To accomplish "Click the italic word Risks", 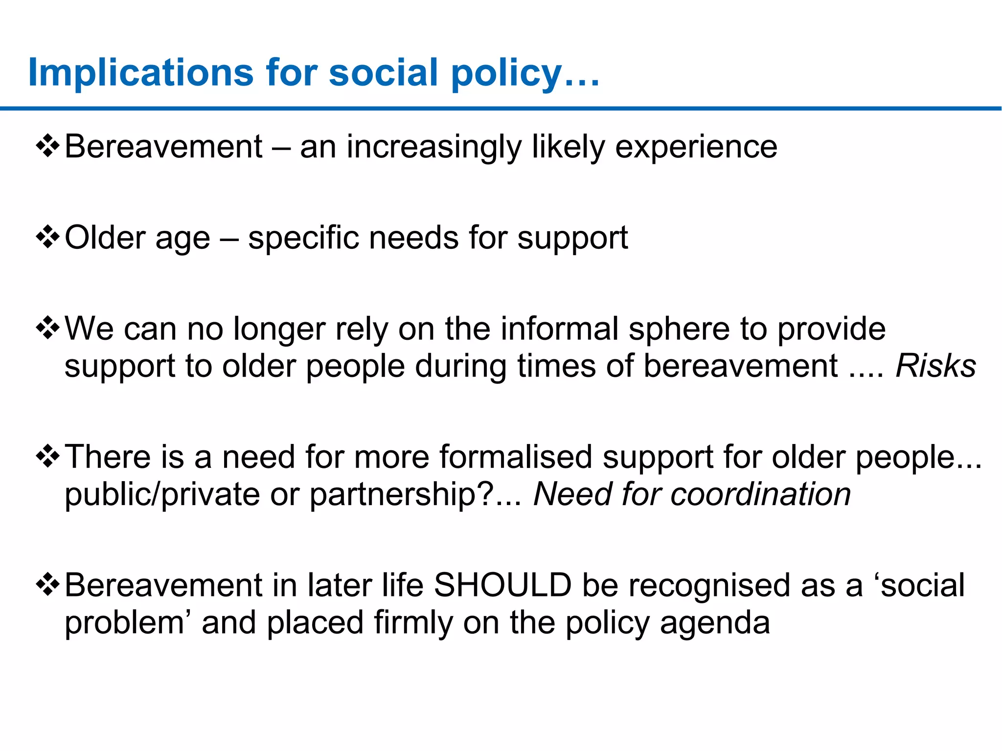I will (935, 366).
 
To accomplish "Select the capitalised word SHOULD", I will (503, 585).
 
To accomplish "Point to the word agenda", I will (715, 623).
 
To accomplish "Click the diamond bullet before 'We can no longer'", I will (48, 328).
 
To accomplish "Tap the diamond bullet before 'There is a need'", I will (48, 456).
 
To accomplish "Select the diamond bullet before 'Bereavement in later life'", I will (48, 584).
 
